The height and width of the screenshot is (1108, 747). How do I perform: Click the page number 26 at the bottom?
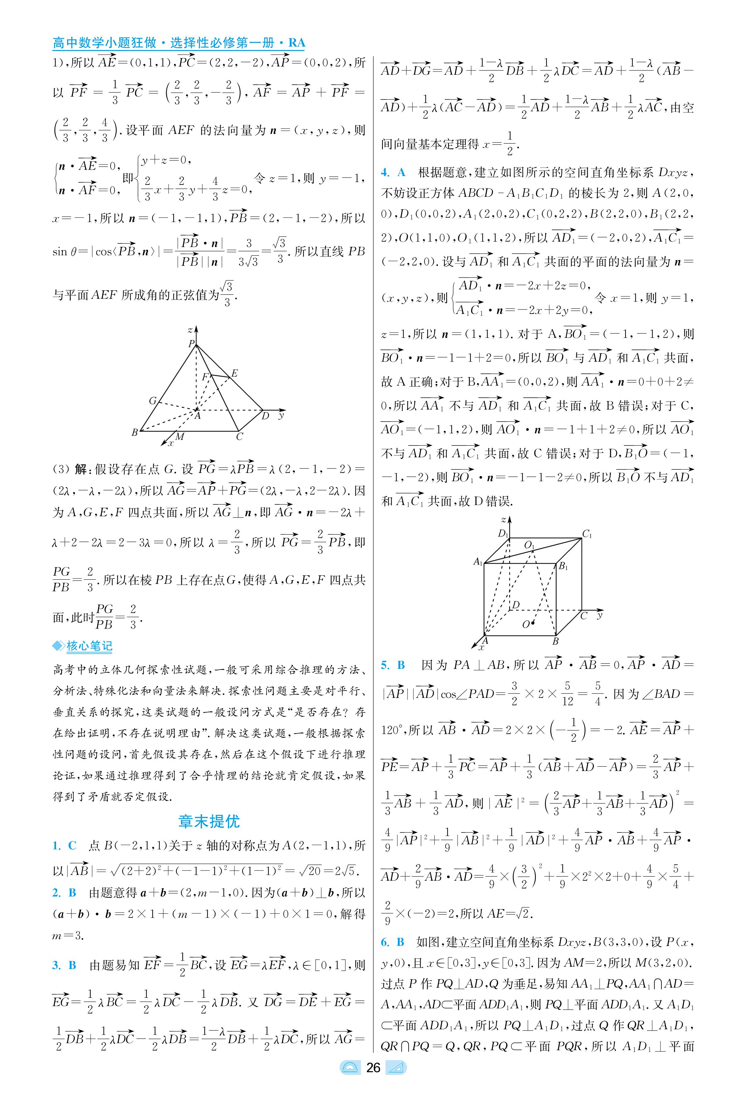(x=373, y=1081)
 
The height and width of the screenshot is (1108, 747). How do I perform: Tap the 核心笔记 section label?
(x=89, y=646)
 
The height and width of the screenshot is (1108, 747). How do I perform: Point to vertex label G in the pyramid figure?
(x=152, y=401)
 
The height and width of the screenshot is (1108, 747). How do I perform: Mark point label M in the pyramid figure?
(x=180, y=436)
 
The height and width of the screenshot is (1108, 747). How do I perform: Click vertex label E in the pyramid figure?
(x=234, y=373)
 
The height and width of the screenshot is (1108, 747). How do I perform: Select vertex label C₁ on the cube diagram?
(x=587, y=534)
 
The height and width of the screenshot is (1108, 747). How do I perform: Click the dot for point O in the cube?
(x=533, y=622)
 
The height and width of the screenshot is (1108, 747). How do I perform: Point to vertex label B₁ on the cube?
(x=563, y=566)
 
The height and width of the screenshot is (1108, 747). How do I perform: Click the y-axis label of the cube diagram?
(x=600, y=615)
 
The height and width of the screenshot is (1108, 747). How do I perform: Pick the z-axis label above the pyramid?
(x=190, y=329)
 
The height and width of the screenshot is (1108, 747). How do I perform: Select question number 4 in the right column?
(x=385, y=173)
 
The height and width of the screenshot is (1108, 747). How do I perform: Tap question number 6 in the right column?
(x=385, y=942)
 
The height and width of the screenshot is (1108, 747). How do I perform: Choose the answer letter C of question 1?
(x=72, y=845)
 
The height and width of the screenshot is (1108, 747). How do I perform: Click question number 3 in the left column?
(x=56, y=965)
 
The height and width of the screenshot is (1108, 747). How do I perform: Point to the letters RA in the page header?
(x=296, y=43)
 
